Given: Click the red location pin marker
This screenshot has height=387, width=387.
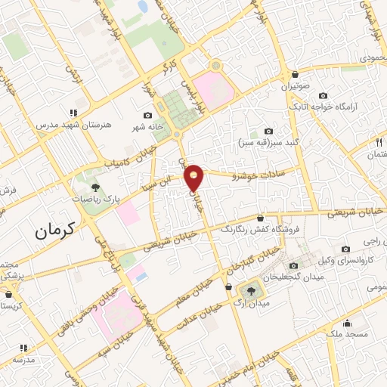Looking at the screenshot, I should point(195,178).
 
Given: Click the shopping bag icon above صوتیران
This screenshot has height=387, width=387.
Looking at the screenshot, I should point(294,74).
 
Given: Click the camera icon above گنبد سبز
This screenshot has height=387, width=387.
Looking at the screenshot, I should point(268,131).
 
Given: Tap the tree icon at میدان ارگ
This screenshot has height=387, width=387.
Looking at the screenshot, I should point(250,289).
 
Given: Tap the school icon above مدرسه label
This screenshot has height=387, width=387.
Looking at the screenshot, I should point(23,348).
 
